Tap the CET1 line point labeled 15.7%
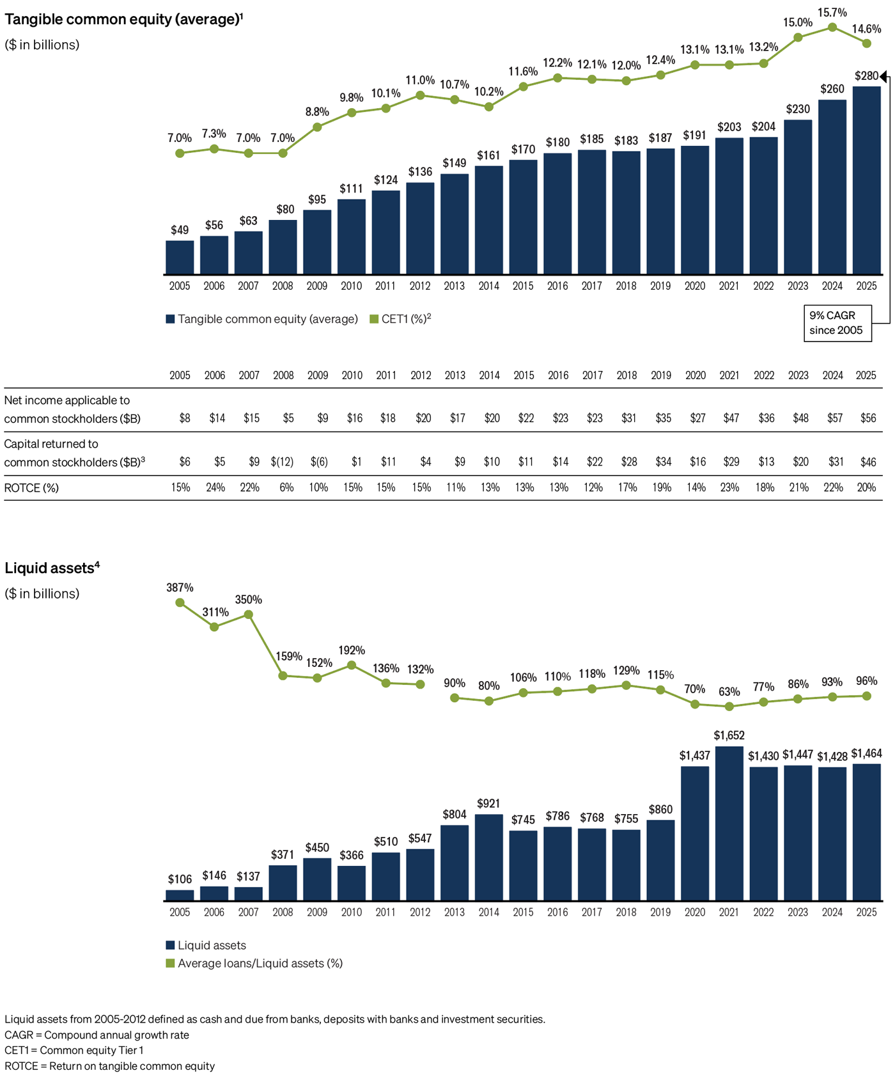click(x=832, y=27)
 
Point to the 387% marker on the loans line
click(x=180, y=602)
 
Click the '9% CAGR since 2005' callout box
click(x=837, y=323)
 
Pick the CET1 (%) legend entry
click(x=400, y=319)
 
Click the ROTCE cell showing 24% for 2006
click(x=215, y=488)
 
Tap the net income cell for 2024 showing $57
click(x=834, y=418)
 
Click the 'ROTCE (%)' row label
click(x=31, y=488)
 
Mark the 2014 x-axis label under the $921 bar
click(x=488, y=913)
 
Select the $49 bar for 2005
click(x=180, y=258)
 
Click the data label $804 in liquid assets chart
click(x=454, y=815)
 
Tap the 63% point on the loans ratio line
click(x=729, y=707)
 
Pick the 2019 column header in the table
click(x=660, y=375)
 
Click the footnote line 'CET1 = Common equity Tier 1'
click(x=74, y=1051)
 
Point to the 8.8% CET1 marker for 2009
click(x=317, y=127)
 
